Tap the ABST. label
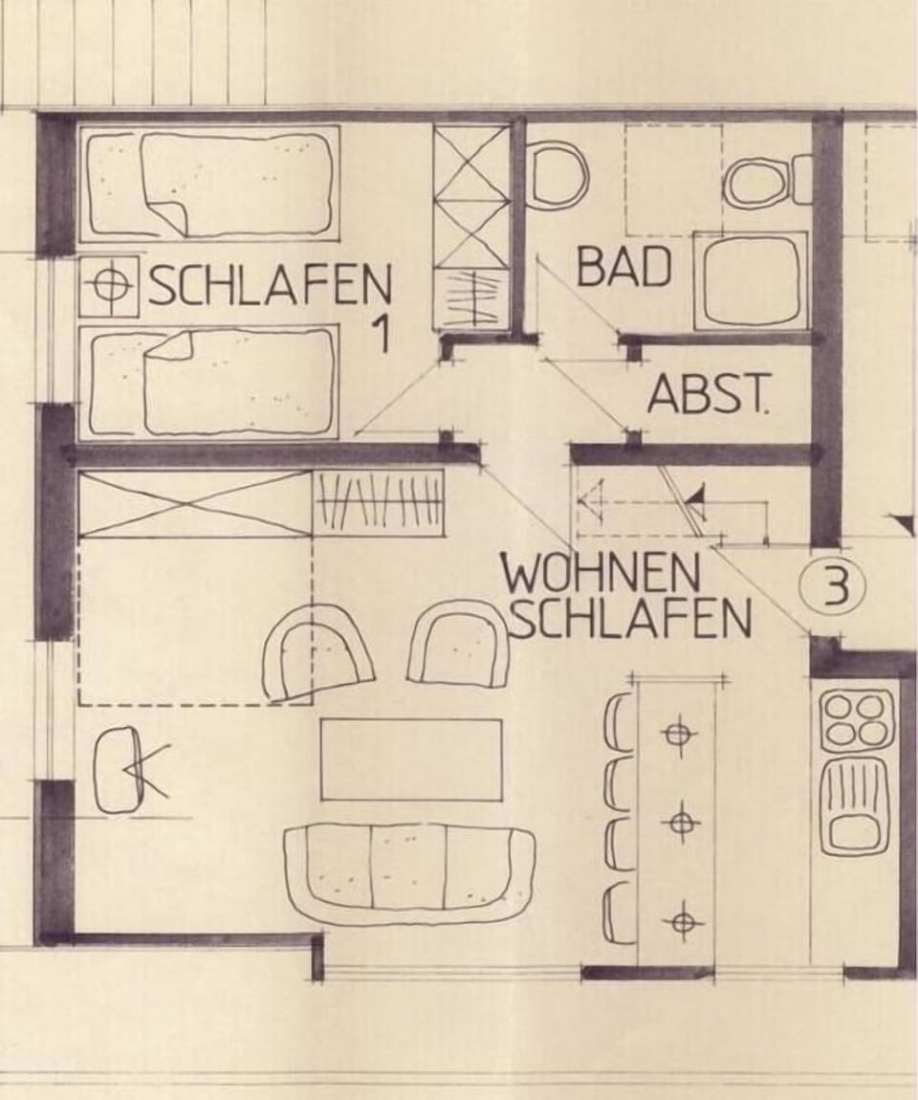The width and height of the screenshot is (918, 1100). pos(707,394)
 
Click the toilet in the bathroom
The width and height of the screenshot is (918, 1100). pos(766,183)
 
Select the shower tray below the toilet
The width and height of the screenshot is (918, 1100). pos(750,280)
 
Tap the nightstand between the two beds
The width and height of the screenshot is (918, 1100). pos(109,285)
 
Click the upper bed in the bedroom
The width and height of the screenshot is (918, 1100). pos(209,181)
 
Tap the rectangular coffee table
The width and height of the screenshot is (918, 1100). pos(411,759)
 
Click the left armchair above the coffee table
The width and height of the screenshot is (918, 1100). pos(317,651)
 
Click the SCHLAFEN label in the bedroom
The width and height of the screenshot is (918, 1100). pos(270,284)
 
